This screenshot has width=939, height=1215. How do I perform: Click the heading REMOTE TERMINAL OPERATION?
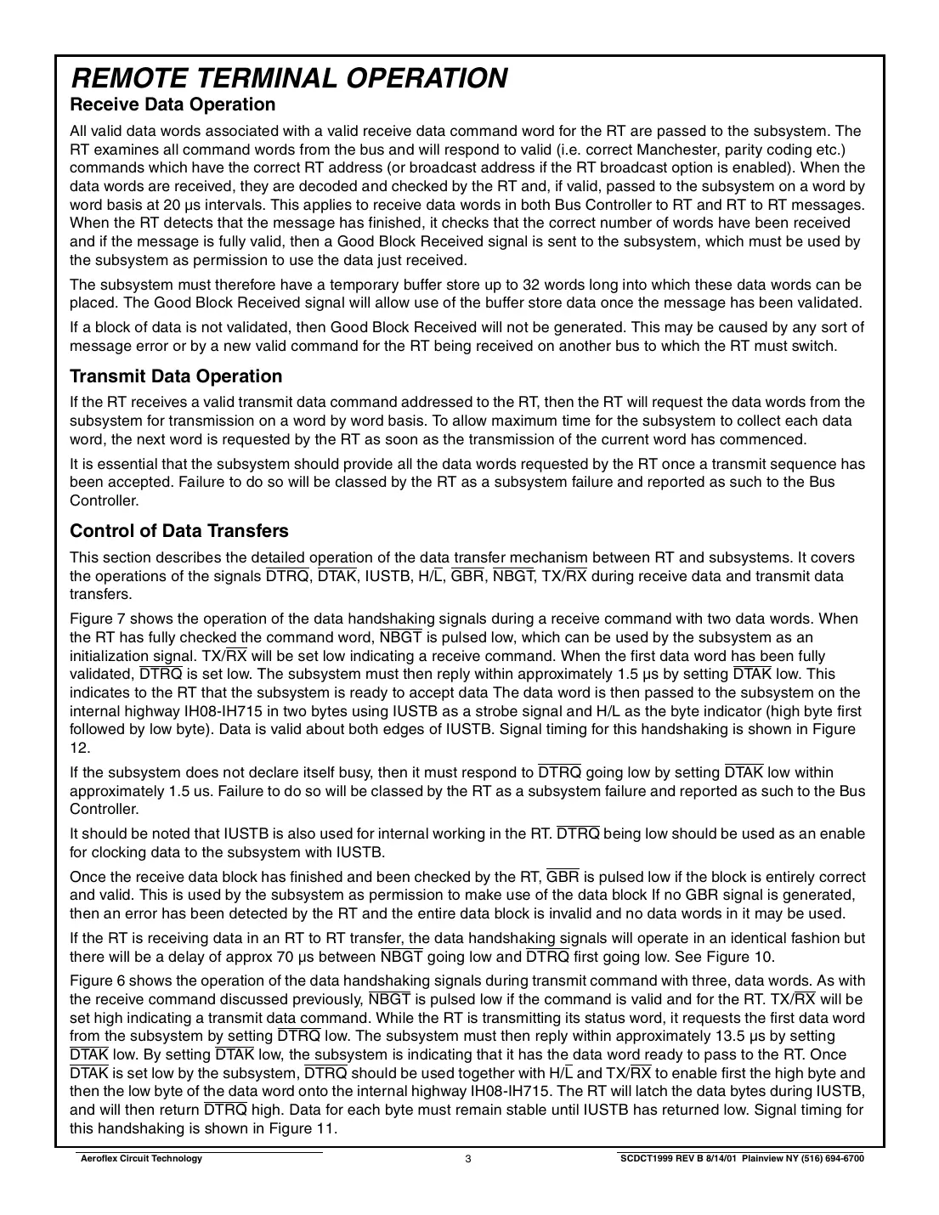click(289, 78)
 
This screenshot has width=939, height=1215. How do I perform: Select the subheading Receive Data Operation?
click(173, 105)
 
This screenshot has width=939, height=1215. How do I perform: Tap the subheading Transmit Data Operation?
click(176, 376)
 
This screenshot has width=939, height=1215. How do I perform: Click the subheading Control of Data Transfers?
click(179, 531)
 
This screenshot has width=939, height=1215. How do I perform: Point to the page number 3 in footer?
click(468, 1159)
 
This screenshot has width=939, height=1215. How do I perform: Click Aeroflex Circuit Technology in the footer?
click(139, 1159)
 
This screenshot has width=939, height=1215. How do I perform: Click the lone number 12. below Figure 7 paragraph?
click(80, 748)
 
